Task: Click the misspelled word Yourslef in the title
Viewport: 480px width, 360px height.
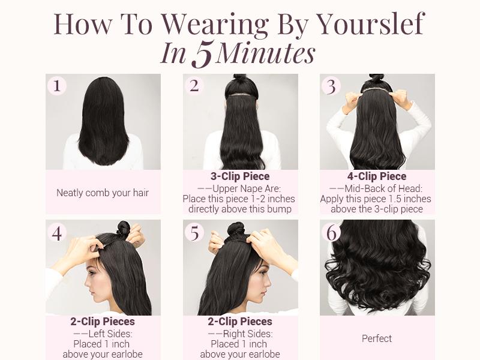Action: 370,24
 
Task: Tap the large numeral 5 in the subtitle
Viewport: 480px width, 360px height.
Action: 202,55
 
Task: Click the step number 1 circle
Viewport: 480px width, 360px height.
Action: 57,86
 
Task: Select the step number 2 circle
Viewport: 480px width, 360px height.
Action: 194,86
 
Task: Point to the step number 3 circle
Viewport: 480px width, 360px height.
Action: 331,86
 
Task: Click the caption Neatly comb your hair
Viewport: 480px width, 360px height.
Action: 103,193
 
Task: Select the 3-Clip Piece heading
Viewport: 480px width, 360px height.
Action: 240,176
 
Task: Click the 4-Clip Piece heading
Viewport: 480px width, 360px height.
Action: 377,176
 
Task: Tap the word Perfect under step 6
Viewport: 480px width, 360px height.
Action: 377,339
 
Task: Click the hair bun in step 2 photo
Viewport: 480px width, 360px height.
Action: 239,79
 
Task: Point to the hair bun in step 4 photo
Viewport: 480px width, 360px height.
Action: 123,228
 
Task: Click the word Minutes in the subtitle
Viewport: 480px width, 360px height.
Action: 265,54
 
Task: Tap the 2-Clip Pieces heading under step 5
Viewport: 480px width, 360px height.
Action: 240,322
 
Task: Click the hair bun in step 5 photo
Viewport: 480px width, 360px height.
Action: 236,229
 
